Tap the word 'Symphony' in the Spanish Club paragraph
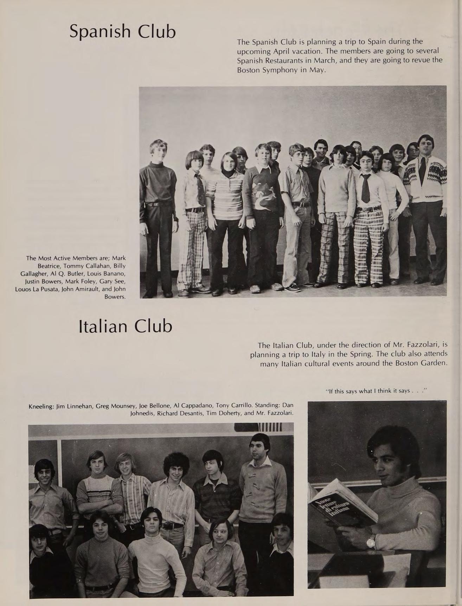281,70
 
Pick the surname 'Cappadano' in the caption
195,406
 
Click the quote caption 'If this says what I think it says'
376,391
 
